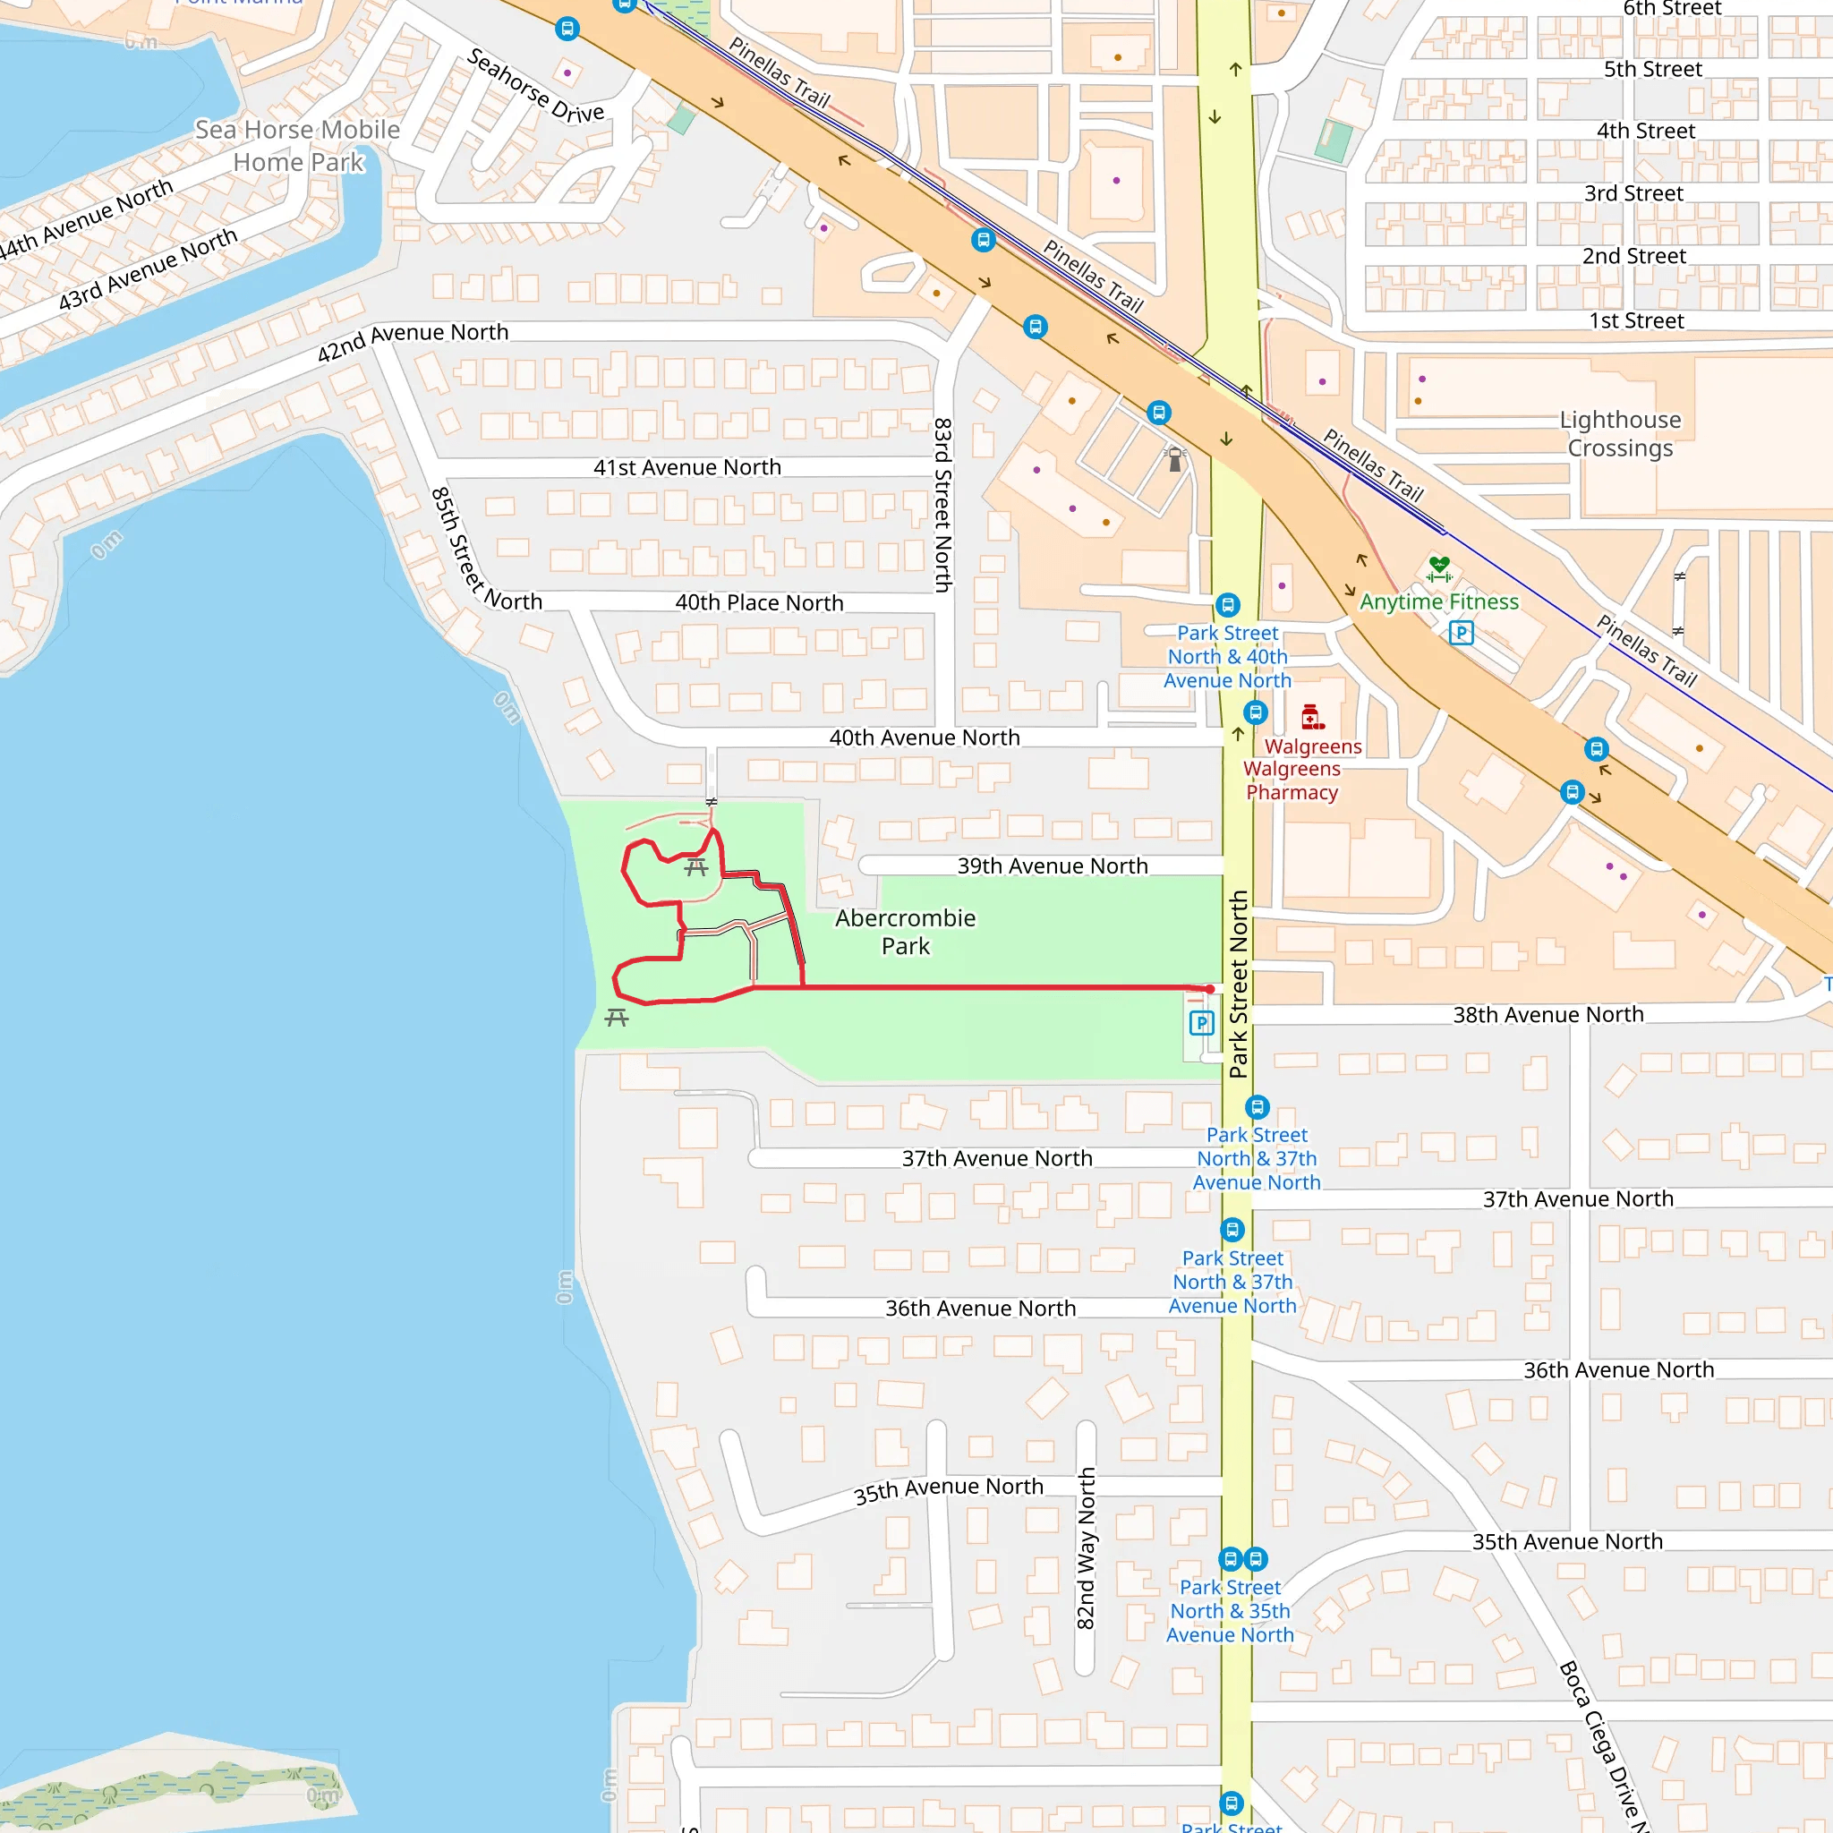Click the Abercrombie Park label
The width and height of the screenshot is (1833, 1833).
905,932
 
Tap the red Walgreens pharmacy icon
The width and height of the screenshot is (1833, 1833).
1312,716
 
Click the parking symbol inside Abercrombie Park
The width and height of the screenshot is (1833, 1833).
1201,1023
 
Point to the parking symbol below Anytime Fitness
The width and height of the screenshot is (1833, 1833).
1461,633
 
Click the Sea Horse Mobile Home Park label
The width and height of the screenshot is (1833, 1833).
298,146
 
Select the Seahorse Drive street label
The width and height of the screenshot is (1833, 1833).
535,86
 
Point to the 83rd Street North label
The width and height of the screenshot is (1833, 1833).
942,505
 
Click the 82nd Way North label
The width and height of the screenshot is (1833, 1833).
1087,1548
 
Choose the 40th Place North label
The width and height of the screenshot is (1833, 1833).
759,603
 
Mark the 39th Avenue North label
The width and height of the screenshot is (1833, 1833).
1053,866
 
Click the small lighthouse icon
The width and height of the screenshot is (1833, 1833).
1174,459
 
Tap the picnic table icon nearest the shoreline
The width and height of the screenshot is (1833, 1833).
617,1018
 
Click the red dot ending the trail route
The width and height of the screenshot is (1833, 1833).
1210,990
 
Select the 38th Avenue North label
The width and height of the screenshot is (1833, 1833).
1548,1015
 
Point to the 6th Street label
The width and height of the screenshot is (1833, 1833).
1672,10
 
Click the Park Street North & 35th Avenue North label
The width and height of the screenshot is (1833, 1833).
1230,1611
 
